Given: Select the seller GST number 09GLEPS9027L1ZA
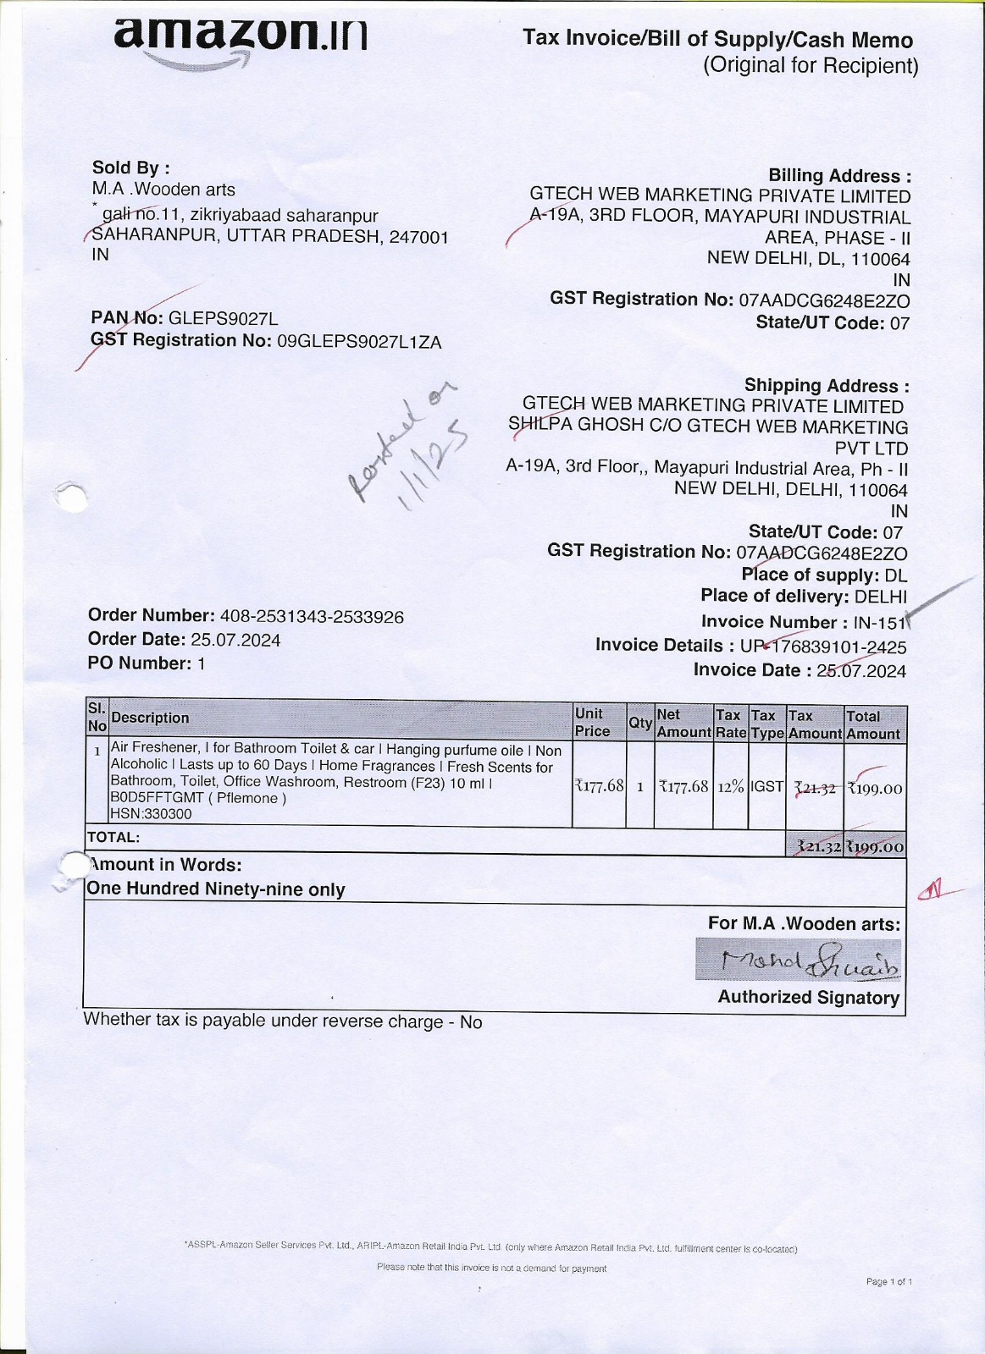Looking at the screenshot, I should click(x=359, y=342).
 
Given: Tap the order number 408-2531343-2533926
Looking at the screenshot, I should click(x=312, y=617).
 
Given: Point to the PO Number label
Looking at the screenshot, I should click(x=140, y=663).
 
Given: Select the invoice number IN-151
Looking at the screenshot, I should click(x=880, y=624).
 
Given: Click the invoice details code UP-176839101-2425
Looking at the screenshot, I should click(x=822, y=647).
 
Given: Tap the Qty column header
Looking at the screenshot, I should click(x=639, y=724).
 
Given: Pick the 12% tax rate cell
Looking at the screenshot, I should click(x=730, y=787).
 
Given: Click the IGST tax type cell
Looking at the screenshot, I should click(x=767, y=787).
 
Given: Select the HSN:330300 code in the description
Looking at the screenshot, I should click(x=152, y=814).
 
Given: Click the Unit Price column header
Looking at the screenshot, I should click(x=593, y=723).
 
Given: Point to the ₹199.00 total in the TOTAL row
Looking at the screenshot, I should click(x=875, y=847).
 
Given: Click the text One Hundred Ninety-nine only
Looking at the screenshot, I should click(x=216, y=889).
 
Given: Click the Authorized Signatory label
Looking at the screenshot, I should click(x=808, y=998).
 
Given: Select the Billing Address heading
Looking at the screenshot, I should click(x=839, y=176).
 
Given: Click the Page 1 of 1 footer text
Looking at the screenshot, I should click(x=888, y=1282).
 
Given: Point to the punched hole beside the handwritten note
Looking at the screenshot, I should click(x=73, y=496).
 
